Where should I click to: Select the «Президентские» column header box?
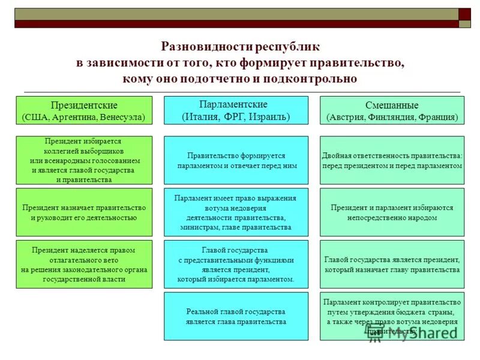[84, 110]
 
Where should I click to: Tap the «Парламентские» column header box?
[236, 110]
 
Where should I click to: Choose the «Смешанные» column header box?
[392, 110]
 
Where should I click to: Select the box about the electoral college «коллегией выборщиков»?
[84, 160]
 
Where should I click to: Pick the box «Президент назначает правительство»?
[84, 212]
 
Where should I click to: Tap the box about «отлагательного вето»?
[84, 265]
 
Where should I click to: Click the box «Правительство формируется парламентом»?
[236, 160]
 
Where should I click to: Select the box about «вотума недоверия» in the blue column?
[236, 212]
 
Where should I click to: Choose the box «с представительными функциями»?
[236, 265]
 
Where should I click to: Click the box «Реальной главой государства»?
[236, 316]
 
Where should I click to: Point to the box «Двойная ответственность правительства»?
[392, 160]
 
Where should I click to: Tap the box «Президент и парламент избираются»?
[392, 212]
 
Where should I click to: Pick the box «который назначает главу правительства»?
[392, 265]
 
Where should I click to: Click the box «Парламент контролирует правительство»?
[392, 316]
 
